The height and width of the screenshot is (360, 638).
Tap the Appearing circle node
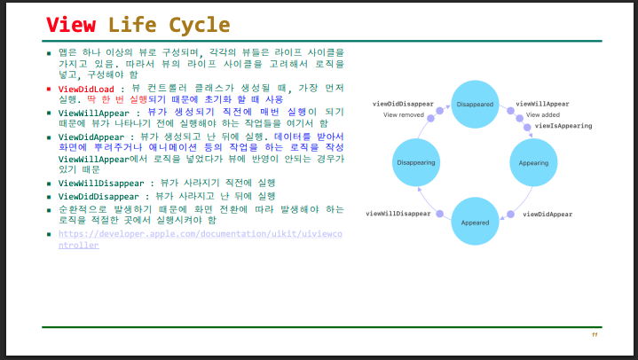coord(533,163)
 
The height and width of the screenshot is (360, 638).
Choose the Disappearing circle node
coord(416,163)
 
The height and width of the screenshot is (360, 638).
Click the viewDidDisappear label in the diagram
coord(404,104)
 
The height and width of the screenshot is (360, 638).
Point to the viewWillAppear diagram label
coord(542,104)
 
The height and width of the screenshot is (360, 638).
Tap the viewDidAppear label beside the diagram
coord(547,215)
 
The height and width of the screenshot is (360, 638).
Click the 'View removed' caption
coord(403,114)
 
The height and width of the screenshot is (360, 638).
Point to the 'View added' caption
coord(543,114)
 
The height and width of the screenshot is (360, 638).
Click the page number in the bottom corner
coord(595,335)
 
